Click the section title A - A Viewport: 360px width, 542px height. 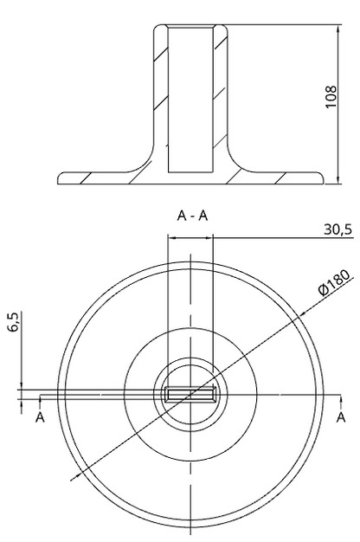[191, 216]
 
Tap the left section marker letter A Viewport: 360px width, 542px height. [40, 417]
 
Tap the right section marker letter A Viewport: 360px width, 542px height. [340, 417]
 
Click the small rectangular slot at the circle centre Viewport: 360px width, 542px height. [191, 395]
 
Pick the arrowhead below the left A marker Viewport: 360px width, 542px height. [40, 403]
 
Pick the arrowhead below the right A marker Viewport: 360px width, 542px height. [340, 403]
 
